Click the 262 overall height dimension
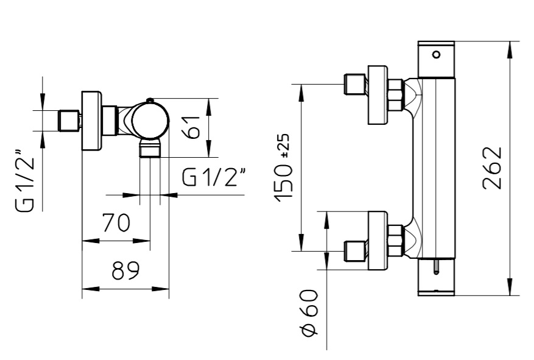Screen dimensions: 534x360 (x=493, y=168)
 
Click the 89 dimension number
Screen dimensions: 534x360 (x=125, y=270)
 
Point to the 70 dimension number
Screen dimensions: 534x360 (x=116, y=222)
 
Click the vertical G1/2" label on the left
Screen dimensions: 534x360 (x=25, y=180)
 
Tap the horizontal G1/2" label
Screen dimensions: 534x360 (x=214, y=177)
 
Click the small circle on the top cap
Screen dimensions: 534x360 (x=436, y=54)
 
